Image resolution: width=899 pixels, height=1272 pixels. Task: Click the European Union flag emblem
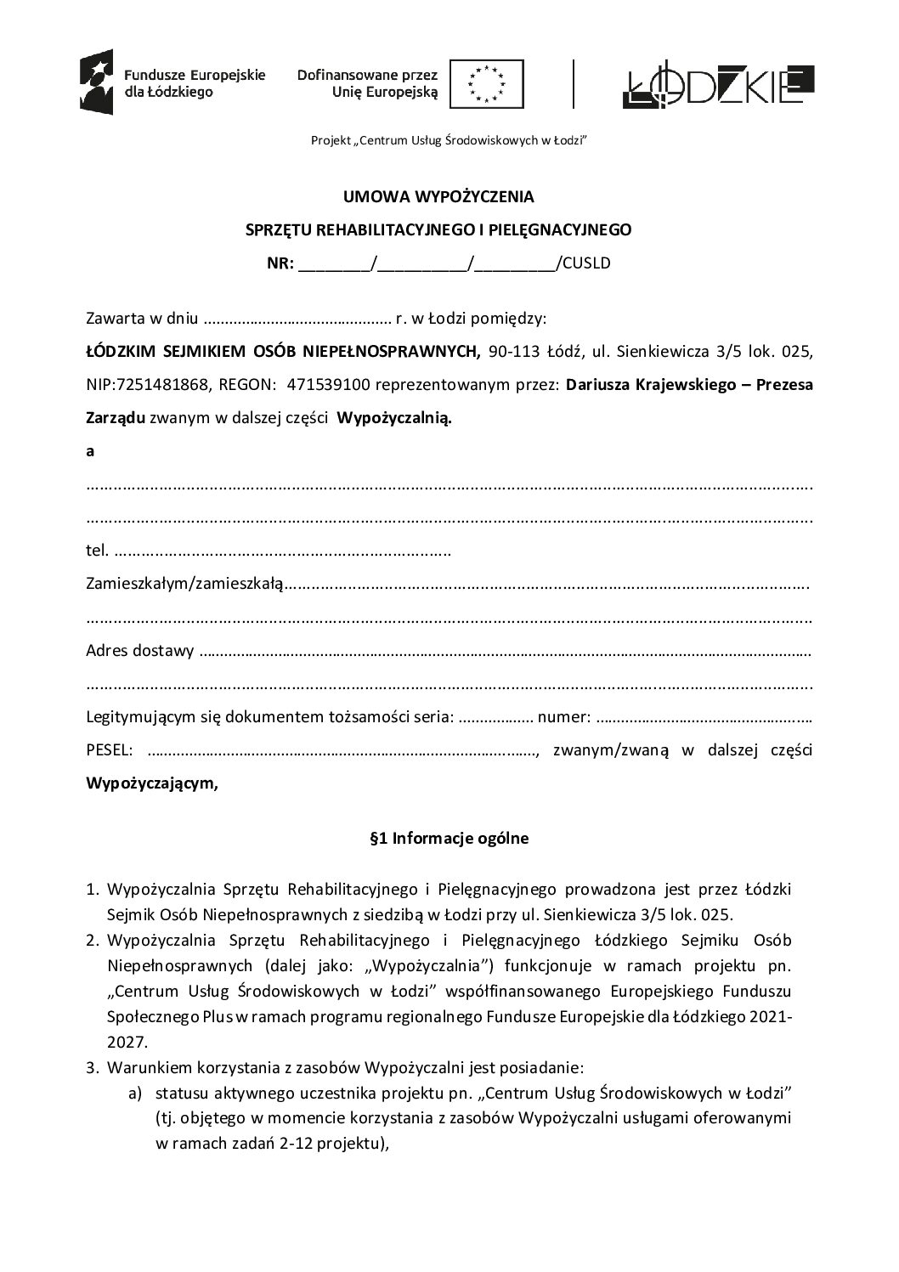click(x=487, y=84)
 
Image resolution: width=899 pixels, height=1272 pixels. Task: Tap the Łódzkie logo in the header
click(x=718, y=84)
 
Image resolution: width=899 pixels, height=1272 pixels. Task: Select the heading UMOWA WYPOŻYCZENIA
click(x=438, y=197)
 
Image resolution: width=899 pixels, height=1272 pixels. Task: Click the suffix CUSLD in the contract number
click(x=585, y=263)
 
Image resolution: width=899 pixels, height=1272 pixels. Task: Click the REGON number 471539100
click(x=328, y=385)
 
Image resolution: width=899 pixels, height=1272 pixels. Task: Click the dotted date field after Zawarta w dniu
click(x=297, y=320)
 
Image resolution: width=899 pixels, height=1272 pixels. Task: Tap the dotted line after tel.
click(x=281, y=551)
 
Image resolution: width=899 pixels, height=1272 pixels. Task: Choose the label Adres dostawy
click(x=140, y=651)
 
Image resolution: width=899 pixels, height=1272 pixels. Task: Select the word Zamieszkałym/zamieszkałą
click(x=184, y=585)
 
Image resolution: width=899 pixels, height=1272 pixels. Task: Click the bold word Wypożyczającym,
click(x=152, y=783)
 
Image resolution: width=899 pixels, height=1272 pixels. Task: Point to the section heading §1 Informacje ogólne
click(x=449, y=839)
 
